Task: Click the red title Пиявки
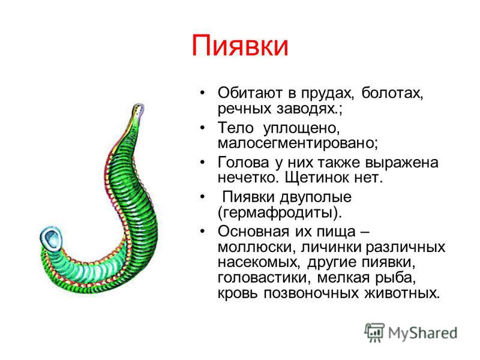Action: click(239, 46)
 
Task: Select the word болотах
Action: click(392, 93)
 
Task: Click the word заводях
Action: click(307, 109)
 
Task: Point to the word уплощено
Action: click(301, 128)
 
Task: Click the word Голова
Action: click(244, 162)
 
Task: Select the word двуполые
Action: click(316, 197)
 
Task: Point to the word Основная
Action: click(253, 232)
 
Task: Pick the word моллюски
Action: click(257, 247)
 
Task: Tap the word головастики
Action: click(265, 278)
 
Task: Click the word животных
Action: click(402, 293)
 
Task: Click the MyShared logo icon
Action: click(374, 332)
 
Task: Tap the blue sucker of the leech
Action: click(52, 238)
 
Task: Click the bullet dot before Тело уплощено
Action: click(202, 127)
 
